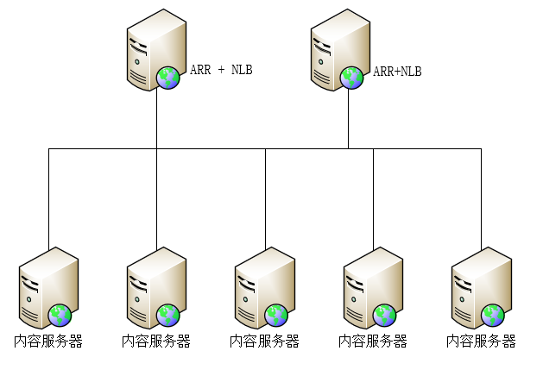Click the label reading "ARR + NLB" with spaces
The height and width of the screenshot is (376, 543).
(221, 70)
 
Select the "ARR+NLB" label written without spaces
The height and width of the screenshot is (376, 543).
(397, 72)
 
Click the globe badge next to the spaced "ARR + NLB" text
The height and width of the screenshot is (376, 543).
(167, 78)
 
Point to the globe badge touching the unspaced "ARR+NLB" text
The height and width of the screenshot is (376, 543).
(351, 78)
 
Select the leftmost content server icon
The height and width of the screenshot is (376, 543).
(47, 285)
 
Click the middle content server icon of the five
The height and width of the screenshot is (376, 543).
(264, 285)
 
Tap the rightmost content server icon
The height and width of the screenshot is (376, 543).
(481, 285)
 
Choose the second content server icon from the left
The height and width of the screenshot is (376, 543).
(155, 285)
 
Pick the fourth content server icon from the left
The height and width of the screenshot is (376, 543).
(372, 285)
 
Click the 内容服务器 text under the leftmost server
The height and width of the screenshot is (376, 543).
(48, 341)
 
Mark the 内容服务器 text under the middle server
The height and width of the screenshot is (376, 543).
(264, 341)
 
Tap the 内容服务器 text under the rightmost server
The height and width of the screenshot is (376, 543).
(481, 341)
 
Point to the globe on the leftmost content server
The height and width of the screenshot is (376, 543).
(60, 315)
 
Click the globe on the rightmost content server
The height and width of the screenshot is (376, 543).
(493, 315)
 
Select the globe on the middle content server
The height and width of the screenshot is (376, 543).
(276, 315)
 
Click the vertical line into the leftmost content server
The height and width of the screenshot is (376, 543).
(48, 198)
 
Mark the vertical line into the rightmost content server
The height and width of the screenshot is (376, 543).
(481, 198)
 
